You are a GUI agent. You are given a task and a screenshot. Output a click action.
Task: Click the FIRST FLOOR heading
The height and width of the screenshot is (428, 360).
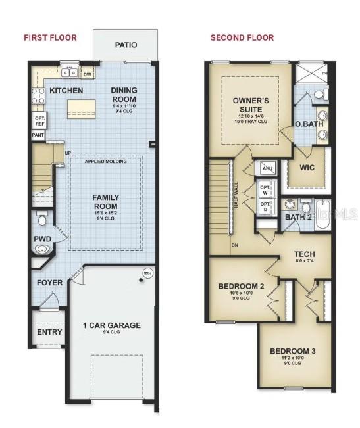[50, 37]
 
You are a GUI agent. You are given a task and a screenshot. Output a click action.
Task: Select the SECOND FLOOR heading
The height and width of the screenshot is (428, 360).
[242, 37]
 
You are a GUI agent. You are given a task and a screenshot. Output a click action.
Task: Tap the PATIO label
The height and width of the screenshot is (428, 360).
[126, 45]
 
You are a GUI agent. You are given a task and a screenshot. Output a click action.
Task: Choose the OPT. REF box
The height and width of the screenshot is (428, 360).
[39, 120]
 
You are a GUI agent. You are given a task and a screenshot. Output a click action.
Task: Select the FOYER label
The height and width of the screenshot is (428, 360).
[50, 283]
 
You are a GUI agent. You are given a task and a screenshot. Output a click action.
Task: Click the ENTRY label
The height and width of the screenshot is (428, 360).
[49, 332]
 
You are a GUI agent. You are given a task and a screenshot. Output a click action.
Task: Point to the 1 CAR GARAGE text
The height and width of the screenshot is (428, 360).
[111, 325]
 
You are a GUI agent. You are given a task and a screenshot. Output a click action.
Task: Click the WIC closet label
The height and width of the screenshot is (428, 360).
[307, 167]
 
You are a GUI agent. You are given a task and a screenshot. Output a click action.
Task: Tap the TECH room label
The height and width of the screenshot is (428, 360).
[304, 254]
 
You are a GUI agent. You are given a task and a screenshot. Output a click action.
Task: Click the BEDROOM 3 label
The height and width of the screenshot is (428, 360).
[293, 351]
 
